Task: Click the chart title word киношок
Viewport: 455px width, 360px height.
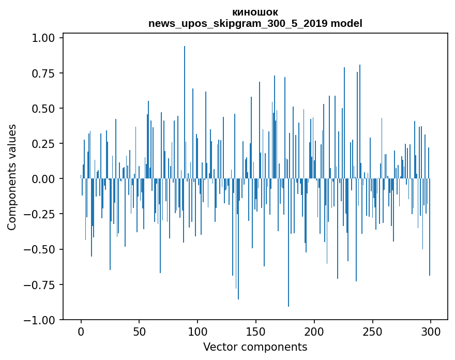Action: point(255,12)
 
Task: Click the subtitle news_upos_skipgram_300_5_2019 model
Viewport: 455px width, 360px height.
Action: point(255,23)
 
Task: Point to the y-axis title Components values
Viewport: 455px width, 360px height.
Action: point(12,177)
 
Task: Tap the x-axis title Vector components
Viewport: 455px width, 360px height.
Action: point(255,347)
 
